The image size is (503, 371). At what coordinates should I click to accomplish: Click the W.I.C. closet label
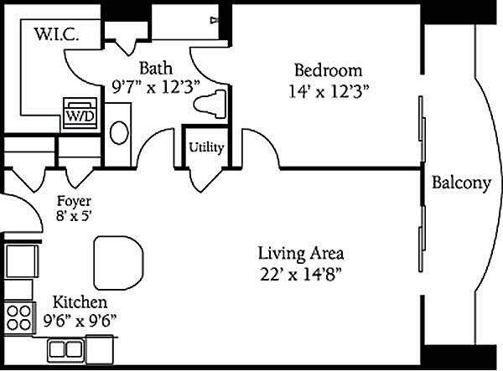(56, 34)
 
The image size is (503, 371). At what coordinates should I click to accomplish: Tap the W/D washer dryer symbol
(80, 113)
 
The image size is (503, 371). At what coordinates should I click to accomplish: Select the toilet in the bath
(210, 104)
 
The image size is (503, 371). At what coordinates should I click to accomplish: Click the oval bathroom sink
(119, 132)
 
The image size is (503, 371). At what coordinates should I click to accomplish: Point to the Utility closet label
(206, 147)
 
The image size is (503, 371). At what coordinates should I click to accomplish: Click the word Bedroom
(328, 70)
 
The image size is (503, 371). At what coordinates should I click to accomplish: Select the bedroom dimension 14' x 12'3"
(328, 91)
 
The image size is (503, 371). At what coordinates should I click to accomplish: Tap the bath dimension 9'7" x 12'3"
(156, 87)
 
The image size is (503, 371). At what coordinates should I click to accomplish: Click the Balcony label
(461, 183)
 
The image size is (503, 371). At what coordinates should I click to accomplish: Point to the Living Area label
(301, 253)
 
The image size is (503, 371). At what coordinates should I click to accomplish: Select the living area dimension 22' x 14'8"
(301, 274)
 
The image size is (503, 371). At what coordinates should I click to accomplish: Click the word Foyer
(74, 201)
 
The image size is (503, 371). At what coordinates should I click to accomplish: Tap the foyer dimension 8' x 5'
(74, 216)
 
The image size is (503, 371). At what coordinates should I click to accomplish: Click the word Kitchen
(80, 302)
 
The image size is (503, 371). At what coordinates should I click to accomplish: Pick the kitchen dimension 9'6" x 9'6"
(80, 321)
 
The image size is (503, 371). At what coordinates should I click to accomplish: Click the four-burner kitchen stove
(19, 317)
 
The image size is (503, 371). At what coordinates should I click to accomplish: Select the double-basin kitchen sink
(66, 350)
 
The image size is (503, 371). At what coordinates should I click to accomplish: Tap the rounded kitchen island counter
(119, 263)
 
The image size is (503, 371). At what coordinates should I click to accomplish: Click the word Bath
(156, 69)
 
